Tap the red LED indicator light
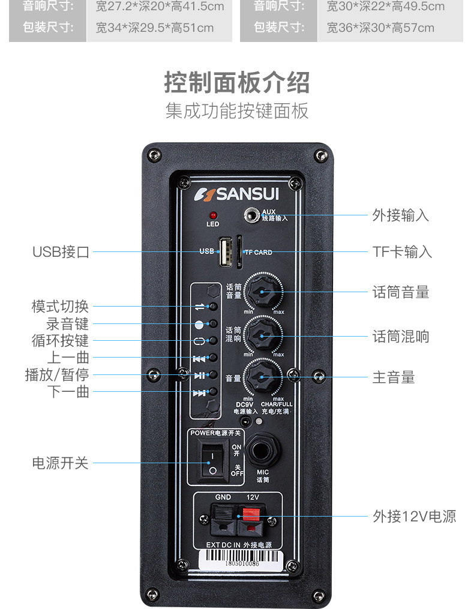pyautogui.click(x=212, y=215)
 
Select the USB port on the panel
pyautogui.click(x=226, y=251)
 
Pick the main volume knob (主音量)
pyautogui.click(x=262, y=377)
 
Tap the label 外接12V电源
pyautogui.click(x=414, y=516)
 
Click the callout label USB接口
pyautogui.click(x=61, y=252)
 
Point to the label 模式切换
pyautogui.click(x=60, y=306)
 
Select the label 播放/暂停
pyautogui.click(x=56, y=375)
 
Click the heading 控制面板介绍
pyautogui.click(x=237, y=83)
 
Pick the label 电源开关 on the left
pyautogui.click(x=60, y=463)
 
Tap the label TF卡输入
pyautogui.click(x=402, y=252)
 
